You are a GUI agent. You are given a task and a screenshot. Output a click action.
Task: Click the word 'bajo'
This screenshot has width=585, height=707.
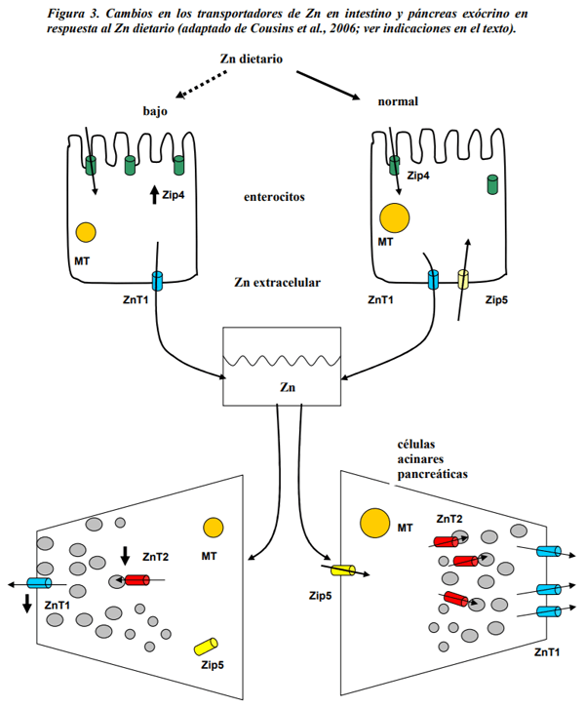pos(155,111)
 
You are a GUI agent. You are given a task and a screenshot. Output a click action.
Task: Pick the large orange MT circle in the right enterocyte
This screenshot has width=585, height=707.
pos(395,217)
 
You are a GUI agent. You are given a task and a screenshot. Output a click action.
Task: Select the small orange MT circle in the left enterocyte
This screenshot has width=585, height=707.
pos(86,231)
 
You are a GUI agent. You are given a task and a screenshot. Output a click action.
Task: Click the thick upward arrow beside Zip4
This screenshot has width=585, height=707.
pos(154,195)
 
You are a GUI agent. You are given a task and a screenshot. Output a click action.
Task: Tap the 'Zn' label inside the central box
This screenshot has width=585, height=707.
pos(288,387)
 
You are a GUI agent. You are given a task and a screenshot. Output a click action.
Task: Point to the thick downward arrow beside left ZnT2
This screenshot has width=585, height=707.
pos(126,556)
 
